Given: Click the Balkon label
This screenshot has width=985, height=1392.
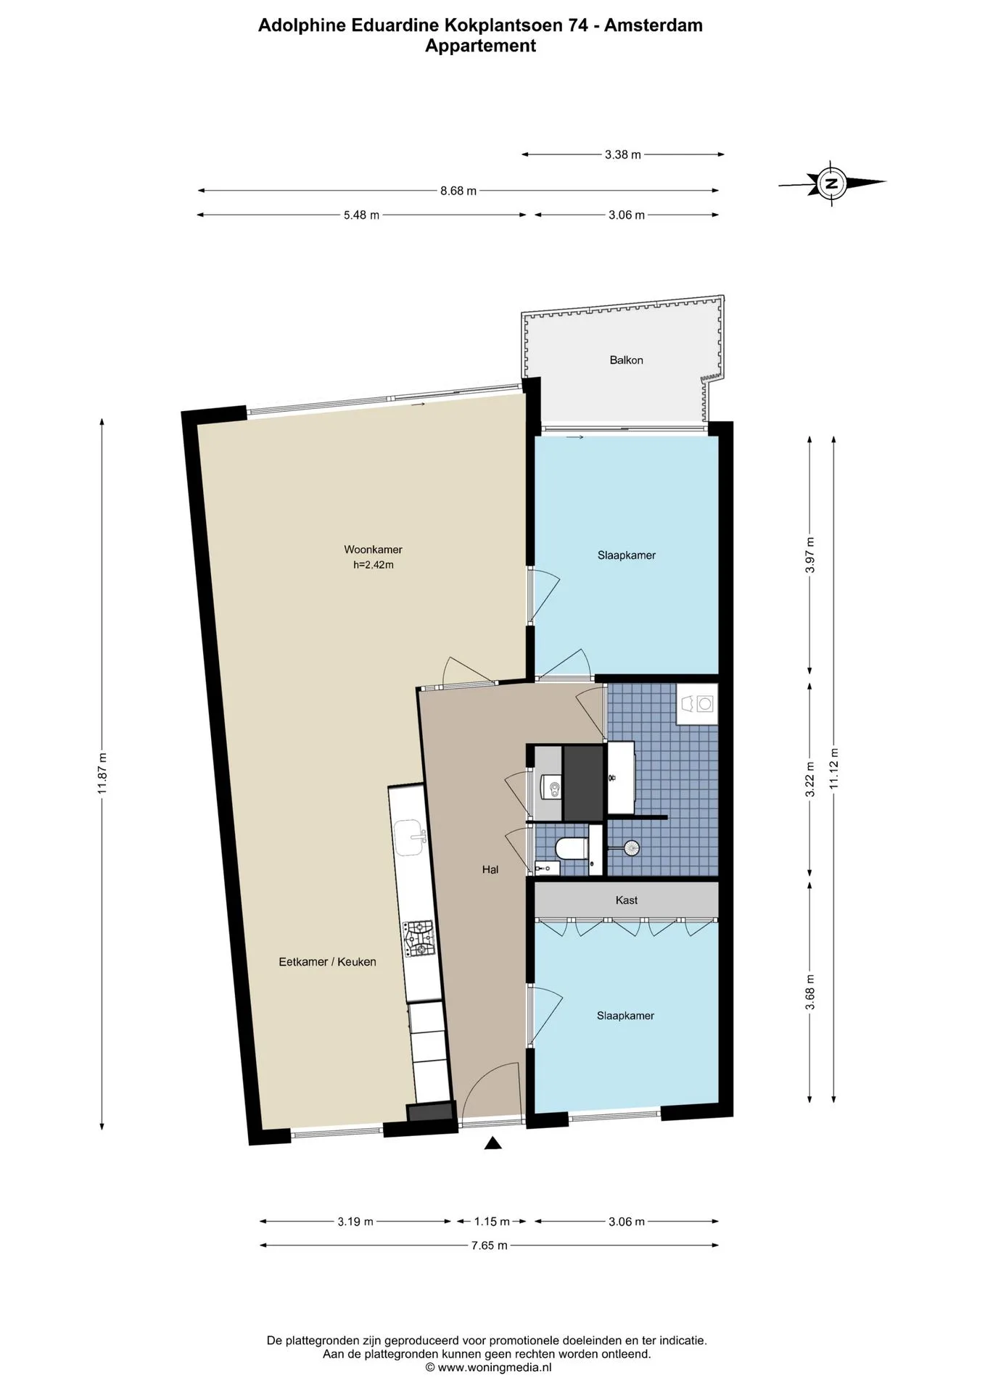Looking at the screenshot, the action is tap(626, 360).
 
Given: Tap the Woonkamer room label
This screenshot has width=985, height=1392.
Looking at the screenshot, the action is tap(373, 550).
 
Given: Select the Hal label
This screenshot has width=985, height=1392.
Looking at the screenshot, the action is tap(490, 869).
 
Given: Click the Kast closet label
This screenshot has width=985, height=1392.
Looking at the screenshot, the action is tap(627, 900).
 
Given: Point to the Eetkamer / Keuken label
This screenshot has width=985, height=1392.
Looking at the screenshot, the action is tap(328, 961).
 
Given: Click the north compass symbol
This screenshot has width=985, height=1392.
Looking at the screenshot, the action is tap(832, 183).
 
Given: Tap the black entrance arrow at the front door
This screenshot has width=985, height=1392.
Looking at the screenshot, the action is tap(493, 1143).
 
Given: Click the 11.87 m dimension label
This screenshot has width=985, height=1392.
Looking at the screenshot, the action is tap(102, 773).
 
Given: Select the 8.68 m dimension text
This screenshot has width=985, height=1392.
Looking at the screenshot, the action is tap(458, 191).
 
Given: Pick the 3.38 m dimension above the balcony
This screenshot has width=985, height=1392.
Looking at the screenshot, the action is tap(623, 154).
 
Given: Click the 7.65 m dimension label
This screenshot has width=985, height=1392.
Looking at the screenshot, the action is tap(490, 1245).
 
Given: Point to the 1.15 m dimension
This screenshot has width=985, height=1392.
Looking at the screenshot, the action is tap(492, 1221).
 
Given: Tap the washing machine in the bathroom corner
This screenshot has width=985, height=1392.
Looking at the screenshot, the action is tap(696, 703).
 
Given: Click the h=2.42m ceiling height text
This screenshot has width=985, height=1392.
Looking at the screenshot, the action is tap(374, 565).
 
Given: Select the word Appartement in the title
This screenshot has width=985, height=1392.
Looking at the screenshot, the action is tap(480, 46).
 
